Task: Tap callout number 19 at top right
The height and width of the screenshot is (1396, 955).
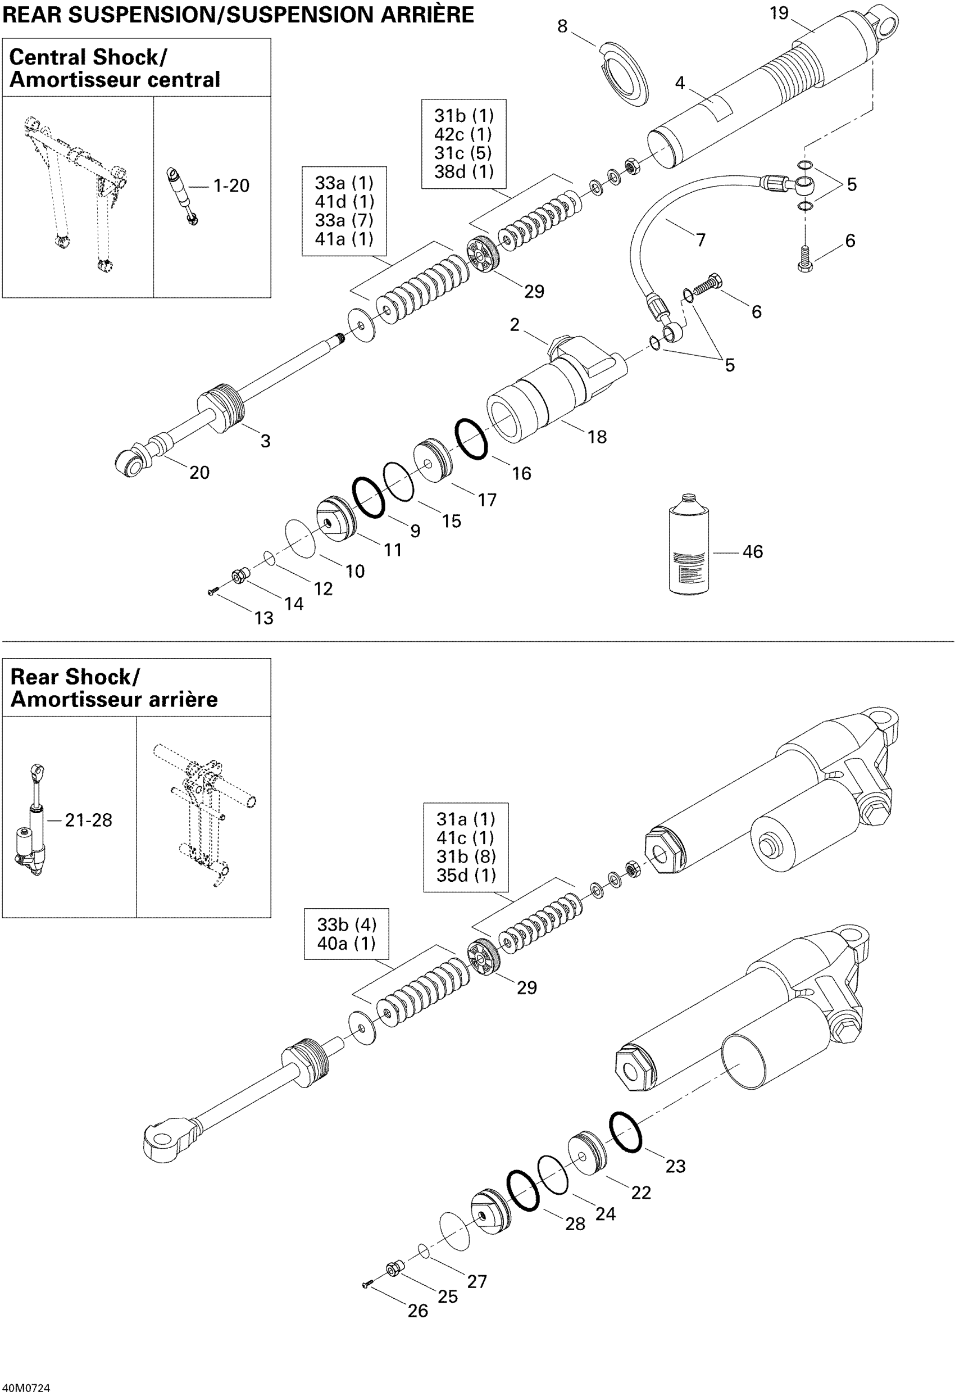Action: coord(779,13)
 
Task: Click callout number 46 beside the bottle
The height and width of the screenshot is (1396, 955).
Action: coord(753,551)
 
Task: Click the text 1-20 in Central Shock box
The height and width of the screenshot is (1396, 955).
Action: coord(231,185)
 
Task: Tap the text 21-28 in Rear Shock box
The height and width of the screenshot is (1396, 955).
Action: coord(88,820)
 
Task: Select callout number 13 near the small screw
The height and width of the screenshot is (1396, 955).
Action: coord(263,618)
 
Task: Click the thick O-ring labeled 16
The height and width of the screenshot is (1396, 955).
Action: coord(471,439)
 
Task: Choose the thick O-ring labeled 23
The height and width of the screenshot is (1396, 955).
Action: coord(625,1132)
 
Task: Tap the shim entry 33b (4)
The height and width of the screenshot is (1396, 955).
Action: coord(347,924)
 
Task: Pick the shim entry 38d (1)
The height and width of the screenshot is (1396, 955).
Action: coord(463,172)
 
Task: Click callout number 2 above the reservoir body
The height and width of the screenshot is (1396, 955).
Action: coord(515,325)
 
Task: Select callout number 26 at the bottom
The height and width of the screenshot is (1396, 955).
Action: coord(418,1311)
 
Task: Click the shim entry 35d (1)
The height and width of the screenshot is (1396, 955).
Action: coord(466,875)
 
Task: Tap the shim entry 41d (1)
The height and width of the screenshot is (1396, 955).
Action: coord(344,201)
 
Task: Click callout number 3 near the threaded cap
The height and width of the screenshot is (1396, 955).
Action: coord(266,441)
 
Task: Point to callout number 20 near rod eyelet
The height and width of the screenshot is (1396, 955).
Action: coord(199,473)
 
